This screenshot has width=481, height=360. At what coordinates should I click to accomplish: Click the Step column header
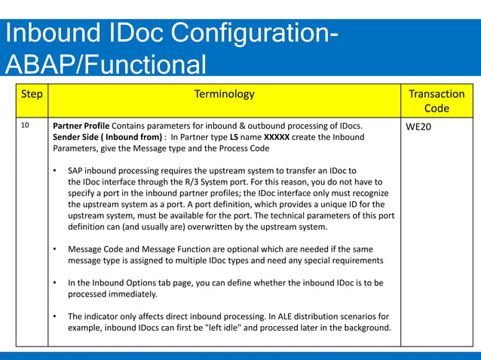point(31,95)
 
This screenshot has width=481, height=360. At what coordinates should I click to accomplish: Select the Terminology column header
point(224,95)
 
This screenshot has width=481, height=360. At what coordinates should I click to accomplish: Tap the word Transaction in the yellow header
point(436,94)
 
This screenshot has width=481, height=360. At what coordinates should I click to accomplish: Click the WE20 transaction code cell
point(418,127)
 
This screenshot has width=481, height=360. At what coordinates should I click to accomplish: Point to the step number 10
point(26,126)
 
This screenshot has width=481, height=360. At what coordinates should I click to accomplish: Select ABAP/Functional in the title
point(106,65)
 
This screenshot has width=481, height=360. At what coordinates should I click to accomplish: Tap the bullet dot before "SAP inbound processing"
point(56,171)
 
